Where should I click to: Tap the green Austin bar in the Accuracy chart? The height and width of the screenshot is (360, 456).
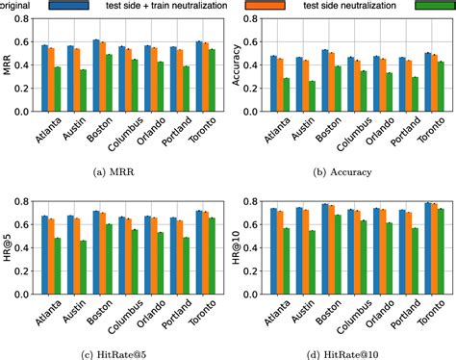tap(311, 99)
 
